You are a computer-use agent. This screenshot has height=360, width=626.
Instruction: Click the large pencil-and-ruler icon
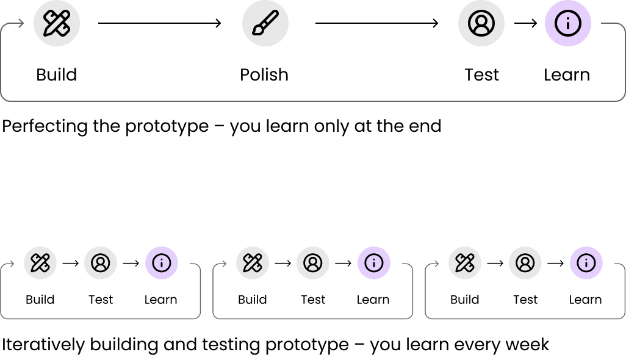pyautogui.click(x=57, y=23)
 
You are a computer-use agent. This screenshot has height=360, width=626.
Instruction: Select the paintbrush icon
pyautogui.click(x=265, y=23)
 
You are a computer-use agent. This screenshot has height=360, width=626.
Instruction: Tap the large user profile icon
pyautogui.click(x=481, y=23)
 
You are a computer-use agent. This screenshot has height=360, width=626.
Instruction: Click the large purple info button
pyautogui.click(x=568, y=23)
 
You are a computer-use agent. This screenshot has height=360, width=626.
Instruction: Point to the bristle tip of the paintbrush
pyautogui.click(x=256, y=32)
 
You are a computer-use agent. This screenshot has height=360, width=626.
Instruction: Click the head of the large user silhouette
pyautogui.click(x=481, y=20)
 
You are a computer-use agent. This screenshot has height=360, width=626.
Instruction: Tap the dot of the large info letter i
pyautogui.click(x=568, y=17)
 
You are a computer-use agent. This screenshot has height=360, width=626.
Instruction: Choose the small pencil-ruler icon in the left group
pyautogui.click(x=40, y=263)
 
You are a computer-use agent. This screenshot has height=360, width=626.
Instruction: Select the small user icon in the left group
pyautogui.click(x=101, y=263)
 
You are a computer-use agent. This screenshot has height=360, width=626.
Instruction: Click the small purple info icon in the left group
pyautogui.click(x=162, y=263)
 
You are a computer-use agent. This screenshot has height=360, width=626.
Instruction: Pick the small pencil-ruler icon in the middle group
pyautogui.click(x=253, y=263)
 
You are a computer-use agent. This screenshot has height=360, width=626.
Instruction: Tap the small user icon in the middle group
pyautogui.click(x=313, y=263)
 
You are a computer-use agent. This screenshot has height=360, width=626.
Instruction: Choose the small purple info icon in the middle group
pyautogui.click(x=374, y=263)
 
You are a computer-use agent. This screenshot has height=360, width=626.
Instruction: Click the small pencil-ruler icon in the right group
pyautogui.click(x=465, y=263)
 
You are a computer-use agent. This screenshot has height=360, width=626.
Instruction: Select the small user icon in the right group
pyautogui.click(x=525, y=263)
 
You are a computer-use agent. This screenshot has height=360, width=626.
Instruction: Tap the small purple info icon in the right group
pyautogui.click(x=586, y=263)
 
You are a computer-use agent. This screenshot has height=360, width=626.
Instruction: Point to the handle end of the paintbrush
pyautogui.click(x=276, y=12)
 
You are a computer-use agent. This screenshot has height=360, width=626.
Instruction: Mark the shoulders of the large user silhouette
pyautogui.click(x=481, y=30)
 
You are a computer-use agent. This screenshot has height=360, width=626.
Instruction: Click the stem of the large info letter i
pyautogui.click(x=568, y=26)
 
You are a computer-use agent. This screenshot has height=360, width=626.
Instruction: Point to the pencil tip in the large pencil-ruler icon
pyautogui.click(x=46, y=34)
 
